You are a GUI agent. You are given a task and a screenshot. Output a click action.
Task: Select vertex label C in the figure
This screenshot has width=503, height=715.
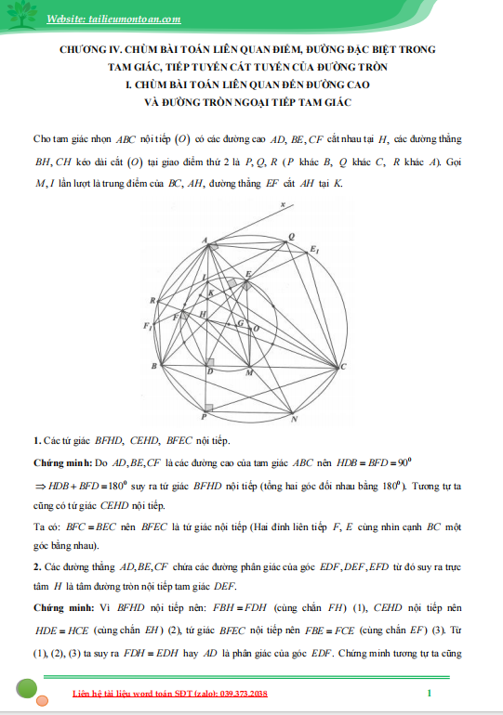tap(345, 369)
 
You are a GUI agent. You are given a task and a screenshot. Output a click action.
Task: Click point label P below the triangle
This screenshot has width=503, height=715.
tap(205, 418)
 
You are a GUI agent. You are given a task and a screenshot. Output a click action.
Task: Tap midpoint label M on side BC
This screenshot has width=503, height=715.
tap(247, 372)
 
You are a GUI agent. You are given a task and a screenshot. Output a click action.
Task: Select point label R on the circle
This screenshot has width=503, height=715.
tap(152, 300)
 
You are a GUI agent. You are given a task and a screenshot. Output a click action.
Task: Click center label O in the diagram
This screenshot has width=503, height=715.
tap(257, 328)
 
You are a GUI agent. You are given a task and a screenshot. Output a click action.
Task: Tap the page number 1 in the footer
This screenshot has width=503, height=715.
tap(429, 694)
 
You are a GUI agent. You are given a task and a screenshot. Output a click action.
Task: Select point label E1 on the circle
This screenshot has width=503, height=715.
tap(314, 251)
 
